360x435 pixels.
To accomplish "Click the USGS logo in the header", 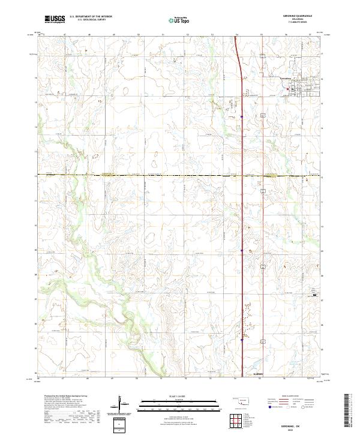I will [x=55, y=19].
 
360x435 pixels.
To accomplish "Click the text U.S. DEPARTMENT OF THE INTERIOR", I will [x=90, y=17].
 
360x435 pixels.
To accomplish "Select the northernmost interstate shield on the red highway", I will [x=241, y=116].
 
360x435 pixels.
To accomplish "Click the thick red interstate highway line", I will [x=242, y=210].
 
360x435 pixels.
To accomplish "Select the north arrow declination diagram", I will [x=120, y=404].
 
